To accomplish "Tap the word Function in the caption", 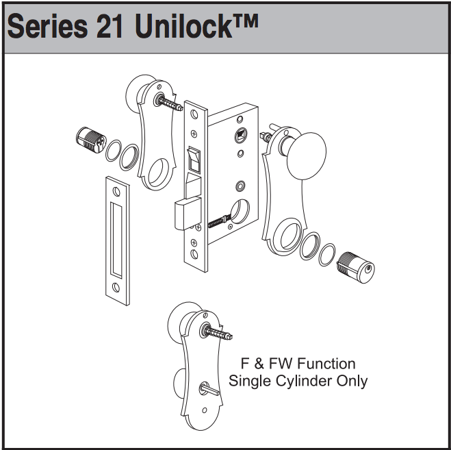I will (x=324, y=363).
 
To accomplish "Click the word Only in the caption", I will (x=352, y=381).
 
